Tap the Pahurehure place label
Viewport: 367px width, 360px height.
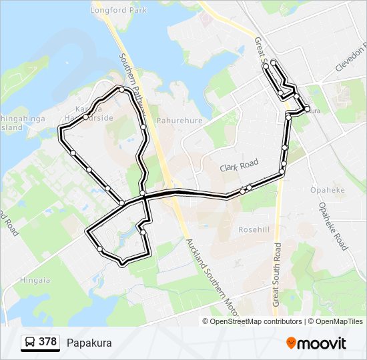[x=179, y=121]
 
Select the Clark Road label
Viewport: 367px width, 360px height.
[x=239, y=163]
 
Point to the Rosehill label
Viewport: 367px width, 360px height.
[x=254, y=229]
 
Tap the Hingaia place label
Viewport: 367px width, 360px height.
[x=34, y=281]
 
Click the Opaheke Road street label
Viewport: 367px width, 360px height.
[x=332, y=226]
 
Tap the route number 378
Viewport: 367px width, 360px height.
[x=47, y=342]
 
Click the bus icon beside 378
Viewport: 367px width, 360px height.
[x=31, y=343]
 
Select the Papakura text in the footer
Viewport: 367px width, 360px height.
[x=89, y=343]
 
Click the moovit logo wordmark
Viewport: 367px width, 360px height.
[x=323, y=343]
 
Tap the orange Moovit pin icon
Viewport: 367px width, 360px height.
[x=292, y=343]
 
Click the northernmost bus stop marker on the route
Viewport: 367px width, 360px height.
[x=274, y=63]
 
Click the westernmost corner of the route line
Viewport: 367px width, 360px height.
[x=60, y=133]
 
